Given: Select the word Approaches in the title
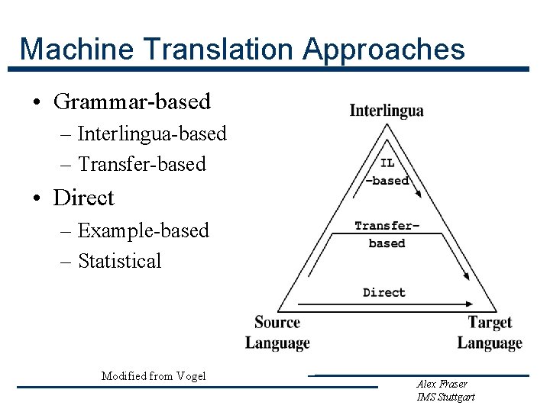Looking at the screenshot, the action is click(x=384, y=49).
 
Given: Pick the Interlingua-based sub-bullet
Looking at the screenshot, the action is click(x=152, y=134).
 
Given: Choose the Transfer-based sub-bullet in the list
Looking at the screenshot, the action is click(x=142, y=164).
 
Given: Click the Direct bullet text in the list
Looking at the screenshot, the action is click(x=83, y=198).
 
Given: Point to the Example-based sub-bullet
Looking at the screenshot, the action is click(x=143, y=230).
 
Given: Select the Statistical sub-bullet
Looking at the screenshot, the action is click(x=120, y=261).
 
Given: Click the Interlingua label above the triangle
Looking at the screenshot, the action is click(x=387, y=111).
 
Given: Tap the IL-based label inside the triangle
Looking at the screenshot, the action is click(x=387, y=172).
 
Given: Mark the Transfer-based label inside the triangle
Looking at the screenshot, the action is click(x=387, y=233).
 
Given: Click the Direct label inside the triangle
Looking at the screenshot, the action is click(x=384, y=292).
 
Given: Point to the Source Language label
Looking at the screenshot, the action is click(x=277, y=333).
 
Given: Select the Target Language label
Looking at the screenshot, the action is click(x=490, y=333).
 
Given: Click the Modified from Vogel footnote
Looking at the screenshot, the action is click(x=154, y=375).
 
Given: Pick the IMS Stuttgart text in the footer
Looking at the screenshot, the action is click(x=446, y=397).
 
